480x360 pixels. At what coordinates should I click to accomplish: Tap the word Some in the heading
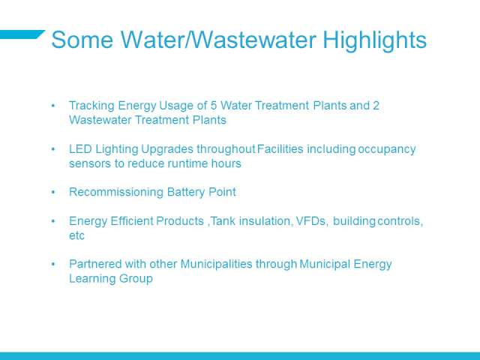tap(82, 40)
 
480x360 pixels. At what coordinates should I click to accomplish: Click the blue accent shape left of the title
tap(22, 34)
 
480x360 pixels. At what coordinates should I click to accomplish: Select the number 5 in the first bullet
tap(214, 106)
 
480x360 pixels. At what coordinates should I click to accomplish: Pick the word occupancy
tap(387, 150)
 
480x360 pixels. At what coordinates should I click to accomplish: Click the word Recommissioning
tap(116, 193)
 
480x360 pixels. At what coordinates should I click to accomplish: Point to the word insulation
tap(265, 221)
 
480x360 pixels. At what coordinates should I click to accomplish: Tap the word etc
tap(76, 236)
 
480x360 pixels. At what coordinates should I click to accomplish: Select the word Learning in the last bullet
tap(92, 279)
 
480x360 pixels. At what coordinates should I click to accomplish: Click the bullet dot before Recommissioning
tap(53, 193)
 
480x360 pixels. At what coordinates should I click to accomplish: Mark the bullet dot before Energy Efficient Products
tap(53, 221)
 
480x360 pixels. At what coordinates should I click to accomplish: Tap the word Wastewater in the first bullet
tap(100, 120)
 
